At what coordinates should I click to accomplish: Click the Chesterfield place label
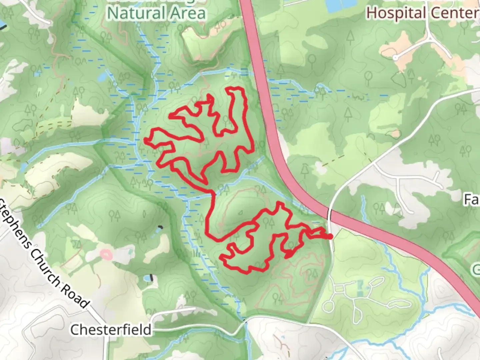click(x=111, y=330)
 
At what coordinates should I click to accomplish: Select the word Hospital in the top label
click(x=395, y=13)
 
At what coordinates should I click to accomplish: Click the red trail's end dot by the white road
click(x=330, y=237)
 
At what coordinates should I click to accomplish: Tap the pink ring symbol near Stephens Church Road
click(x=106, y=255)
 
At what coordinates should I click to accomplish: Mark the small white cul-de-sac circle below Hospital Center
click(x=395, y=58)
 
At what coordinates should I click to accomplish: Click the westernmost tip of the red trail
click(x=145, y=140)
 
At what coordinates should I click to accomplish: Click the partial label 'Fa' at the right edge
click(x=472, y=200)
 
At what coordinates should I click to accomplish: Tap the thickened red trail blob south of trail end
click(x=289, y=255)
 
